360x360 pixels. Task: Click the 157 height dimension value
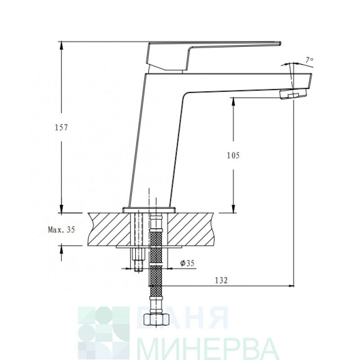[x=61, y=127]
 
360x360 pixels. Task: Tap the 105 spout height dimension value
[x=233, y=155]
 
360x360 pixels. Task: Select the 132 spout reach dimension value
[x=221, y=280]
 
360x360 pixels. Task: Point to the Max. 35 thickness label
[x=62, y=229]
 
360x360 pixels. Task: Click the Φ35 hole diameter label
[x=187, y=263]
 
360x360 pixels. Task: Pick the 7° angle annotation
[x=309, y=60]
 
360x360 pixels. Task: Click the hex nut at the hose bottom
[x=156, y=319]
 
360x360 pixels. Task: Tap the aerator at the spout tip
[x=293, y=94]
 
